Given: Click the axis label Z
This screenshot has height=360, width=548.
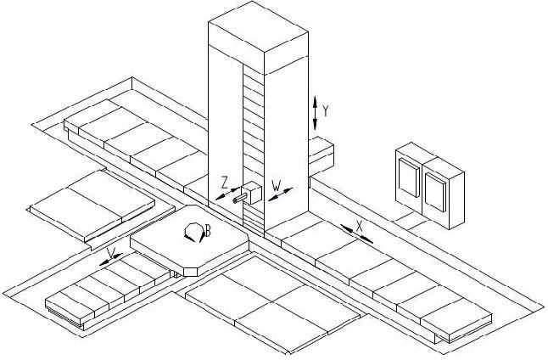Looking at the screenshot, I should (224, 181).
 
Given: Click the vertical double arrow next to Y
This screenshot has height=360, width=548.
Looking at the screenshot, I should (316, 112).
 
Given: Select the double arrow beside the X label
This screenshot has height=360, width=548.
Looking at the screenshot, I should (356, 233).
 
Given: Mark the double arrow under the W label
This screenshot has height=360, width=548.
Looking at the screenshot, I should (279, 194).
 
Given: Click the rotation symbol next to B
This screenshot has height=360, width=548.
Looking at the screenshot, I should (194, 230).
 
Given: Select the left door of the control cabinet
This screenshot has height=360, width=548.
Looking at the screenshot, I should (409, 180).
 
